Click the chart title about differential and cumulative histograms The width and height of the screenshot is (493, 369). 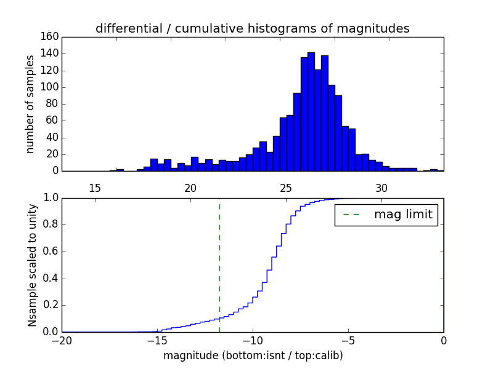(252, 28)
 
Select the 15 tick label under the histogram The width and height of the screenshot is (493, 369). (95, 188)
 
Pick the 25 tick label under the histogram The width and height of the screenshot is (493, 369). (286, 188)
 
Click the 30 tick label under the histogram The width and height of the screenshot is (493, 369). (381, 188)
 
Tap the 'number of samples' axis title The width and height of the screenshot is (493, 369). (30, 104)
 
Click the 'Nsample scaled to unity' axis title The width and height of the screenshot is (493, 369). (32, 265)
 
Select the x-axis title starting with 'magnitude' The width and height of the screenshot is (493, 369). (253, 355)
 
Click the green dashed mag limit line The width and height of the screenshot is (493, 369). (219, 264)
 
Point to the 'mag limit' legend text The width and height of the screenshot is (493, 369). (403, 215)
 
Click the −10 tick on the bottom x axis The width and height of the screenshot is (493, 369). (252, 341)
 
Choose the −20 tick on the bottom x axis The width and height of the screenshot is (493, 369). (62, 341)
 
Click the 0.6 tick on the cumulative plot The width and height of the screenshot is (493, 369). (49, 252)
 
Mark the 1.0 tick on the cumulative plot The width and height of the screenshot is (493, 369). (49, 198)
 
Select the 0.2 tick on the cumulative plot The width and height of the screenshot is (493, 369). (49, 305)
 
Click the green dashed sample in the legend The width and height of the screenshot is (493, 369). (353, 215)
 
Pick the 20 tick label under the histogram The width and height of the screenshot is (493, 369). (190, 188)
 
